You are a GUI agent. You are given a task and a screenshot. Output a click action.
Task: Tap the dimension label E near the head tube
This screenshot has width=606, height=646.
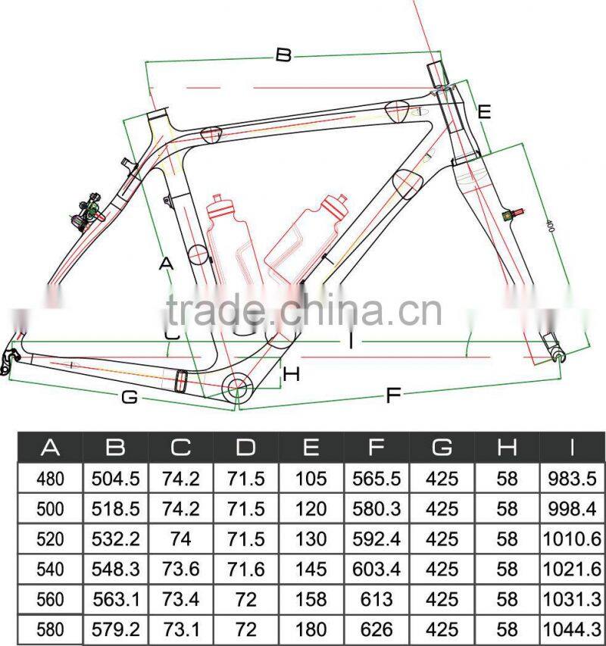(x=485, y=112)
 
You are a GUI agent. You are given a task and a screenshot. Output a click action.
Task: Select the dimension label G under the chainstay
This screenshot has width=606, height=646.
(x=130, y=396)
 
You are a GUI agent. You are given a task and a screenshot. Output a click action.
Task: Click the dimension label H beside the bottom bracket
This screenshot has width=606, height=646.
(x=292, y=373)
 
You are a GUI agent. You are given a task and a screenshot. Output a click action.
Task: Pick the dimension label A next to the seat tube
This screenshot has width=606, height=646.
(x=167, y=264)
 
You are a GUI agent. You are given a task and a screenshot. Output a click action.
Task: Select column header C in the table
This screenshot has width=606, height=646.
(x=180, y=447)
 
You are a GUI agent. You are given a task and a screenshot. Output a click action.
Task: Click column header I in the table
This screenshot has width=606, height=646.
(x=572, y=447)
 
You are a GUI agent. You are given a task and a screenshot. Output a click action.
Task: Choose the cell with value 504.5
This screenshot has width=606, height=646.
(x=115, y=479)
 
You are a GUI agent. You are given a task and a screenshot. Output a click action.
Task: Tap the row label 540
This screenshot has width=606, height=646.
(x=50, y=569)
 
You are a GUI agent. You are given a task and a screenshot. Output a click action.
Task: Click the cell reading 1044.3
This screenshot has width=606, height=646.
(x=572, y=629)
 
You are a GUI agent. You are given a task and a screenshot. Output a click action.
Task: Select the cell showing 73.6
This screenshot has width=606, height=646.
(x=180, y=569)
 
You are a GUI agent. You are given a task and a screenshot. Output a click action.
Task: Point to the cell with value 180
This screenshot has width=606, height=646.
(x=311, y=629)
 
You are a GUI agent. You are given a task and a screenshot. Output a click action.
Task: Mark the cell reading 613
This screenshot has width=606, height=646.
(x=376, y=598)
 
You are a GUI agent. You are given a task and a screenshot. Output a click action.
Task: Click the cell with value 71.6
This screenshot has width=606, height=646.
(x=245, y=569)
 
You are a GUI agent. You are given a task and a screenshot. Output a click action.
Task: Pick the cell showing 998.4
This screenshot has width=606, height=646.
(x=572, y=509)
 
